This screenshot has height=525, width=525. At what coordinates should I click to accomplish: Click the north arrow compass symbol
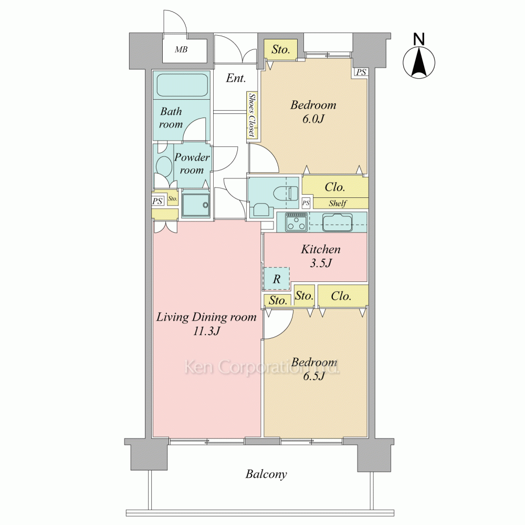point(418,62)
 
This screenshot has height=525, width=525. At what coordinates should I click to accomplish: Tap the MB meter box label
point(181,49)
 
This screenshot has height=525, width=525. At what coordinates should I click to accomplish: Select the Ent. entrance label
point(236,78)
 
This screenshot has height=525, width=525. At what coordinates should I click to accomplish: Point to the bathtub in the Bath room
point(182,86)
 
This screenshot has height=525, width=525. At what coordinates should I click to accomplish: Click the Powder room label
point(192,163)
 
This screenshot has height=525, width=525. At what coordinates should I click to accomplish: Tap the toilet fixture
point(286,193)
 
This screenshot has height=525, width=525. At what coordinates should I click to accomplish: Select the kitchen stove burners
point(296,222)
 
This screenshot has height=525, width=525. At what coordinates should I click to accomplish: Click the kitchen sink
point(338,222)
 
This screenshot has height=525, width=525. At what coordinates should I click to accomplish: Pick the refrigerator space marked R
point(277,279)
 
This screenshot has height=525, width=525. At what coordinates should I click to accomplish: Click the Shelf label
point(337,203)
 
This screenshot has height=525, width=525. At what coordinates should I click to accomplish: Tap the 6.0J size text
point(313,119)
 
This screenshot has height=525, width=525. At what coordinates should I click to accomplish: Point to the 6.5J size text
point(314,376)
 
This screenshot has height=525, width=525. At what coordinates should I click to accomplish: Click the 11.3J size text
point(206,331)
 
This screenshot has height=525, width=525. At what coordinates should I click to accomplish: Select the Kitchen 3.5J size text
point(321,263)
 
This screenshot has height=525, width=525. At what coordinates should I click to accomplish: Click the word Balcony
point(266,474)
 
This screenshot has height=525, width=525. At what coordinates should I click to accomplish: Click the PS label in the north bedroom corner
point(361,72)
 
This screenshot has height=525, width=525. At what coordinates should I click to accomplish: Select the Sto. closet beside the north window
point(280,49)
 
